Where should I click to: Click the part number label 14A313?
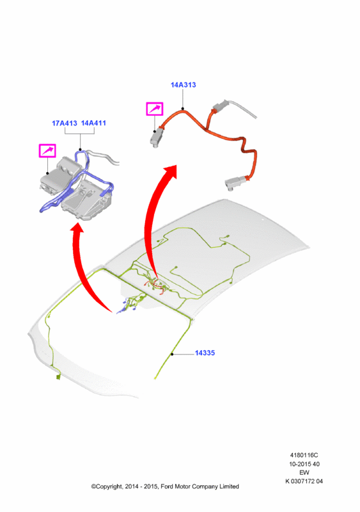(x=183, y=85)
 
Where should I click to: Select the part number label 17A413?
(x=65, y=123)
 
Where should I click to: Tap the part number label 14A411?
(x=93, y=123)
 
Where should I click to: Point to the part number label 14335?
(x=205, y=353)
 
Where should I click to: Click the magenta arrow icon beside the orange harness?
(x=154, y=109)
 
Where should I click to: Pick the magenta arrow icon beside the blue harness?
(x=47, y=150)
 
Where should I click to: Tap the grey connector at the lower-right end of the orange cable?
(x=236, y=182)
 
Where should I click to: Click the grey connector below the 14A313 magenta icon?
(x=155, y=137)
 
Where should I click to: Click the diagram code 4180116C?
(x=304, y=455)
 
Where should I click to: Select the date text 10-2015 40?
(x=304, y=463)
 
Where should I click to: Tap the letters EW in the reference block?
(x=304, y=472)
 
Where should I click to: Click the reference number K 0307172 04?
(x=304, y=481)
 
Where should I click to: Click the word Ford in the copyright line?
(x=167, y=486)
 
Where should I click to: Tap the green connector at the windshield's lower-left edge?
(x=58, y=377)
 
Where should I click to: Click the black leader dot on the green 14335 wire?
(x=171, y=354)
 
